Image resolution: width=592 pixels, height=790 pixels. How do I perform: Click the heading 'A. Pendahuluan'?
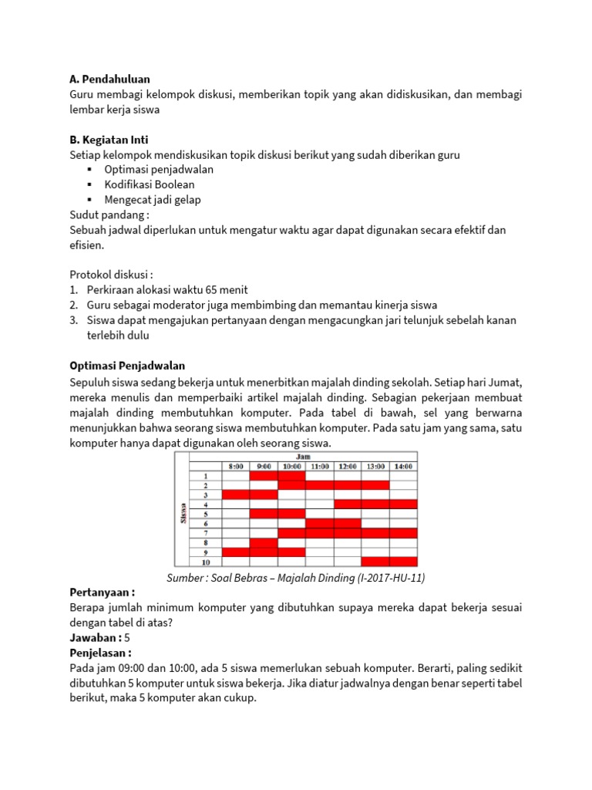coord(109,79)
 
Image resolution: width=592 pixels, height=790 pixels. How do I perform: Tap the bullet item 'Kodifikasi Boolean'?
coord(150,184)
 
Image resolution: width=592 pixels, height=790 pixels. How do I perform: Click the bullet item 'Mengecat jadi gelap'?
coord(153,200)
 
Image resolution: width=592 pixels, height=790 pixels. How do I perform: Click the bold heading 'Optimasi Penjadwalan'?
coord(127,365)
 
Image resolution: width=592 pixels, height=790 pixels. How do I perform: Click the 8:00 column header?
coord(236,466)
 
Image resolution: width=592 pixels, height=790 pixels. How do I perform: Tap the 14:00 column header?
coord(402,466)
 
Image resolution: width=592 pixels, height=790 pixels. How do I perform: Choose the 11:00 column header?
coord(319,466)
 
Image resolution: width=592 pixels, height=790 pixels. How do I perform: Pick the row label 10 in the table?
coord(206,562)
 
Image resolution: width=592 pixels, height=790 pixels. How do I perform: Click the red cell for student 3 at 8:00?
coord(236,495)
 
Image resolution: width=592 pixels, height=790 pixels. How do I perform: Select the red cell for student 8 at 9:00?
coord(264,542)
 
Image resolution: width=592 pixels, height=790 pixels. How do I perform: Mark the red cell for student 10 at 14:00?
coord(402,562)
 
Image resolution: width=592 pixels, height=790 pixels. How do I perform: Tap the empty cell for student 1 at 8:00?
coord(236,475)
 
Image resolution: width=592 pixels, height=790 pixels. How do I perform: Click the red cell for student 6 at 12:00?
coord(347,523)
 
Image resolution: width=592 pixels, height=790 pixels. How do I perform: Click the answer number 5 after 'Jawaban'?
coord(127,637)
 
